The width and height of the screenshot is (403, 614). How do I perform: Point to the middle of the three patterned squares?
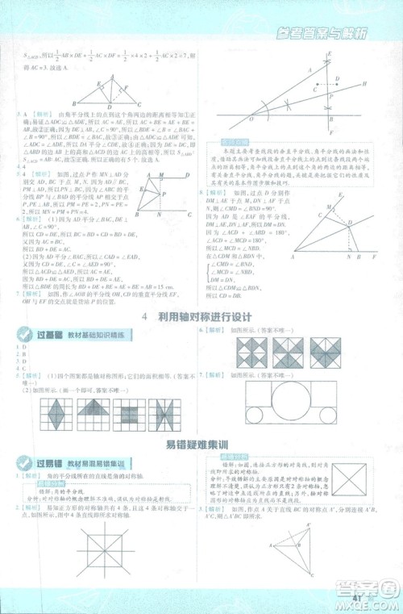click(289, 353)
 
